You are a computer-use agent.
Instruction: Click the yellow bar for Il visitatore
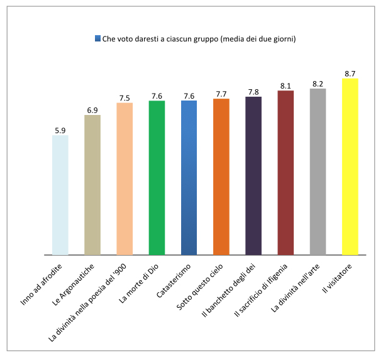pos(350,166)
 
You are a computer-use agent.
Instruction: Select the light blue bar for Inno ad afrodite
pos(60,195)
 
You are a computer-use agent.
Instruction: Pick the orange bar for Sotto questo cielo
pos(221,177)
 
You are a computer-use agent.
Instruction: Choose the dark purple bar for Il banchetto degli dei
pos(253,176)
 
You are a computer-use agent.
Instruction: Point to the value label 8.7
pos(350,74)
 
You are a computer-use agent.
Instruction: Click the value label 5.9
pos(60,130)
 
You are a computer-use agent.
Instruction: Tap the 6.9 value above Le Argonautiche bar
pos(92,110)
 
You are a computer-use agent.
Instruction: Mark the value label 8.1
pos(286,85)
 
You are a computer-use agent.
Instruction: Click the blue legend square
pos(97,39)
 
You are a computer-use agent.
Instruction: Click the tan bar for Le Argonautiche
pos(92,185)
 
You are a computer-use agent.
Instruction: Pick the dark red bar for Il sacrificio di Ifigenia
pos(286,173)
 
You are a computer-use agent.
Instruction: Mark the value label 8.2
pos(318,84)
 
